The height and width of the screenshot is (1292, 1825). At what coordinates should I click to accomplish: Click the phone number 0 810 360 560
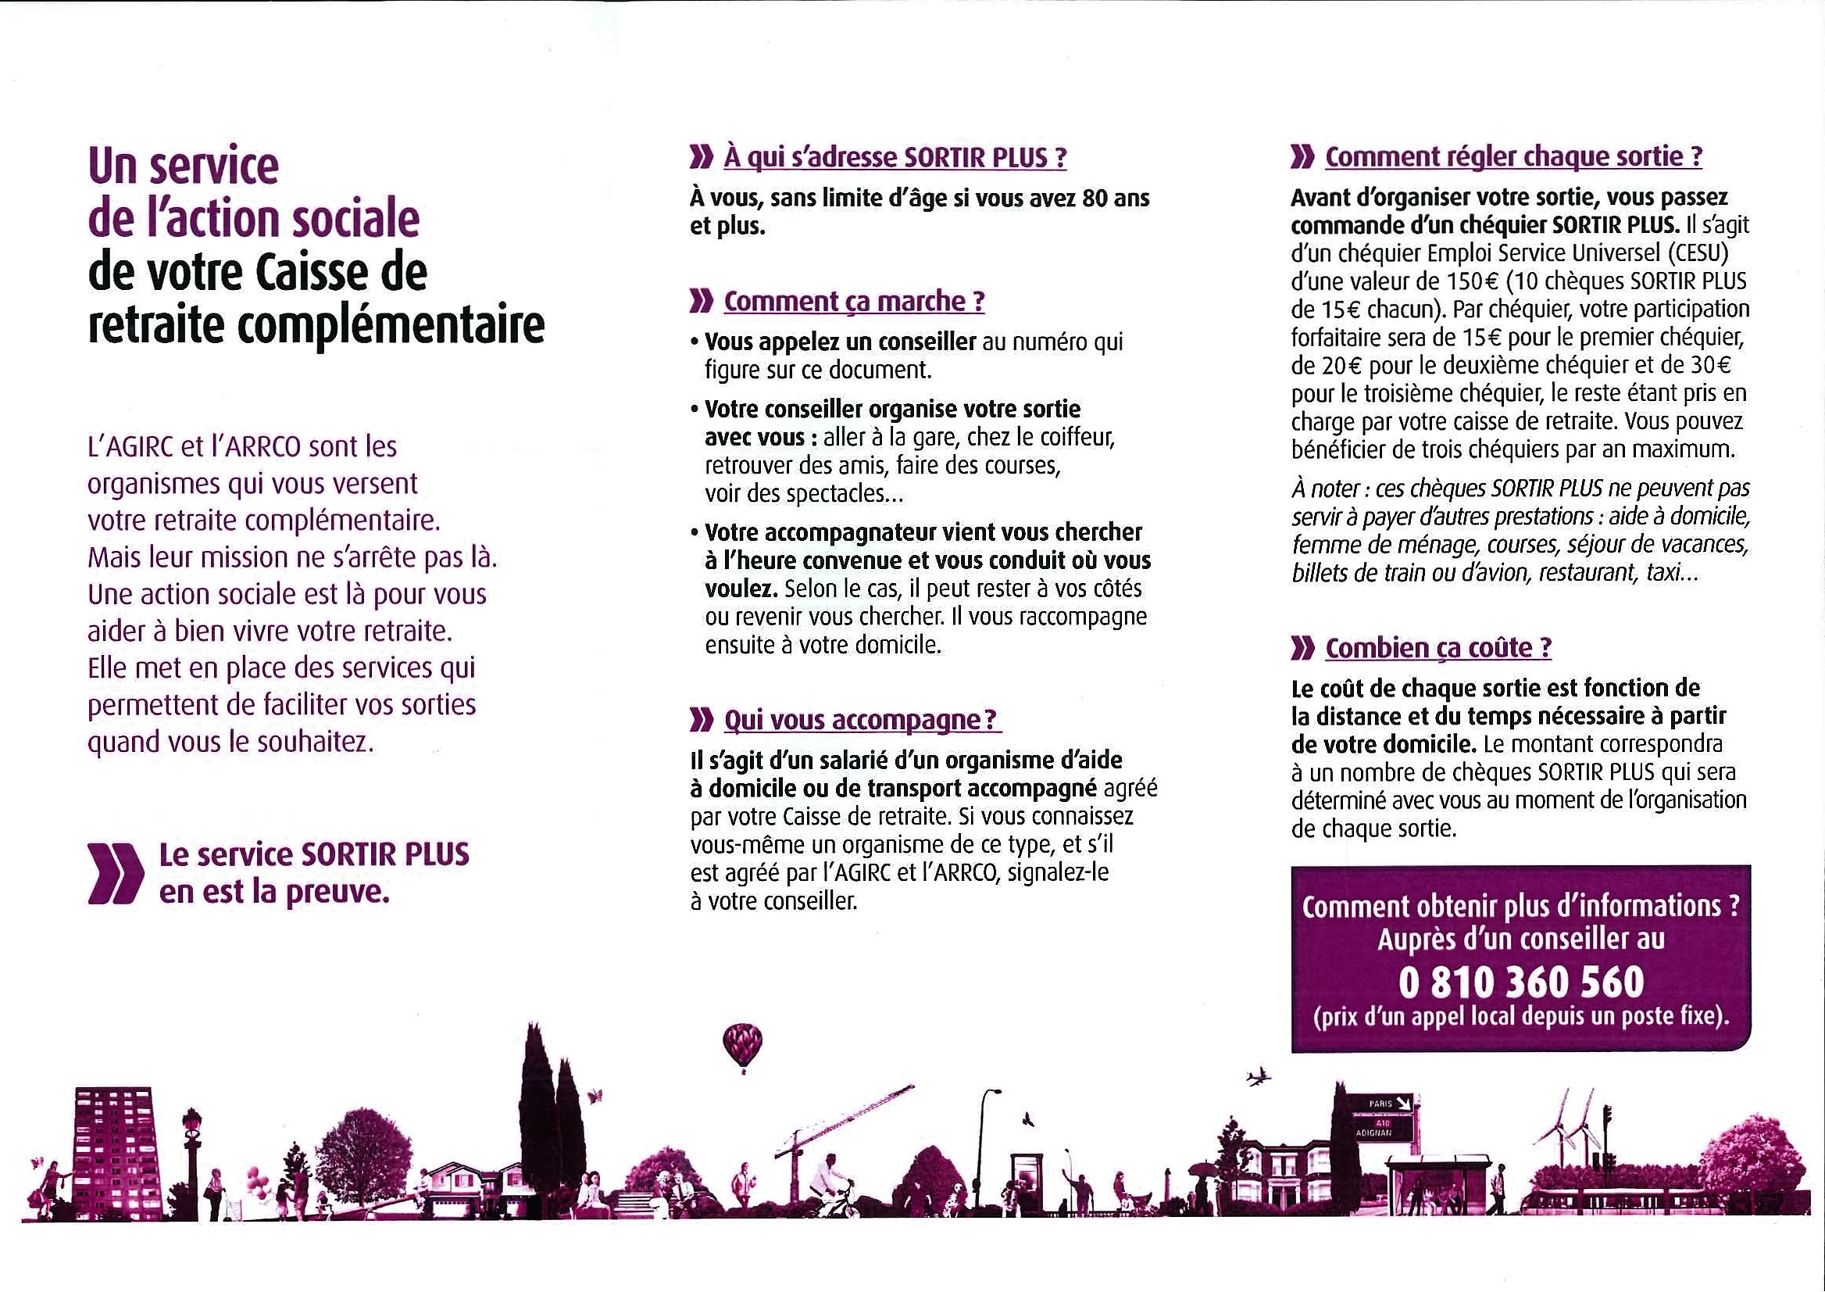coord(1520,982)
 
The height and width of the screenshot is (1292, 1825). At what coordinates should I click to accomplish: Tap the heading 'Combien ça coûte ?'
coord(1437,649)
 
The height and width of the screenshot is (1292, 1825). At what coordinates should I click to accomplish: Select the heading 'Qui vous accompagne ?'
coord(861,720)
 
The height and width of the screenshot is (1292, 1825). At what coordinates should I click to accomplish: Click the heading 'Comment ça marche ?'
coord(854,302)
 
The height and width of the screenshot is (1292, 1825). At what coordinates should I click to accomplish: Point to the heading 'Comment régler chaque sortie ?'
coord(1513,157)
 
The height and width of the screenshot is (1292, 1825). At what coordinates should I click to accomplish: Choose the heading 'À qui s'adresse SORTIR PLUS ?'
coord(895,158)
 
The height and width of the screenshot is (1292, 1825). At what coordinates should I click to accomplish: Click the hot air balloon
coord(742,1043)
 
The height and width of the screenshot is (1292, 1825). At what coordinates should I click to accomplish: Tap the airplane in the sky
coord(1259,1078)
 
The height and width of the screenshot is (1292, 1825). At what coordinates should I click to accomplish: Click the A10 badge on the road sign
coord(1382,1122)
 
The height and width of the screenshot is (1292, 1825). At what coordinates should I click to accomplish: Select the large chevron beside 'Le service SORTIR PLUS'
coord(115,874)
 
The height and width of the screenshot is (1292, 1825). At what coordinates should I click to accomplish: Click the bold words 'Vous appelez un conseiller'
coord(840,342)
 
